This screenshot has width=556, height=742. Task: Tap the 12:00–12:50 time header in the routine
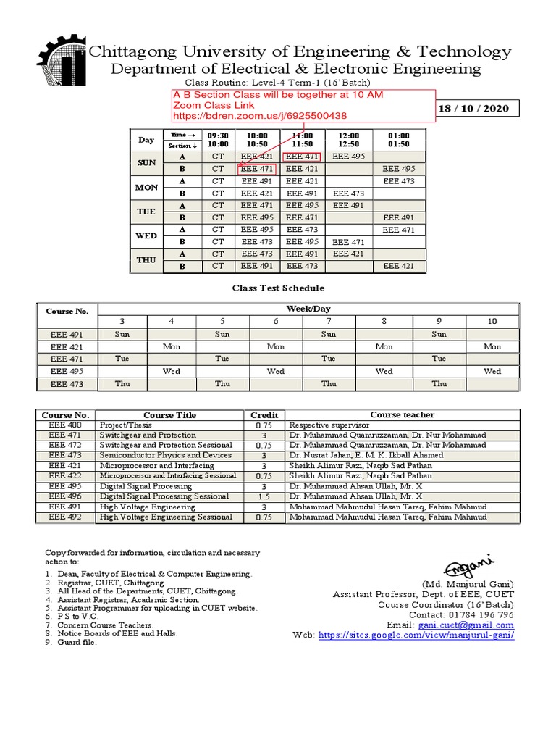click(x=348, y=140)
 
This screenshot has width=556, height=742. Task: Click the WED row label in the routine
click(x=146, y=235)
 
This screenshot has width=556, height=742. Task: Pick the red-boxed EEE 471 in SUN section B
click(x=257, y=169)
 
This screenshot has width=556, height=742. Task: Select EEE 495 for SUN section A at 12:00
click(x=348, y=157)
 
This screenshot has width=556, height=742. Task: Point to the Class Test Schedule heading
click(x=278, y=288)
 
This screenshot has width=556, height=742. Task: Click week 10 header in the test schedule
click(x=492, y=321)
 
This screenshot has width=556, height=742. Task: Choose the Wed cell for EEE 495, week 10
click(x=492, y=371)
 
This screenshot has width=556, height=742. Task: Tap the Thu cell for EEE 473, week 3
click(x=122, y=384)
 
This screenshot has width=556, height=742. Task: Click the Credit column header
click(x=264, y=415)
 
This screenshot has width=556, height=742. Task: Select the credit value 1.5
click(x=264, y=496)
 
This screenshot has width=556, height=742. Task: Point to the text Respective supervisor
click(x=325, y=425)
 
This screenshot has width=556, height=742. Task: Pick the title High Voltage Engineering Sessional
click(x=167, y=517)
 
